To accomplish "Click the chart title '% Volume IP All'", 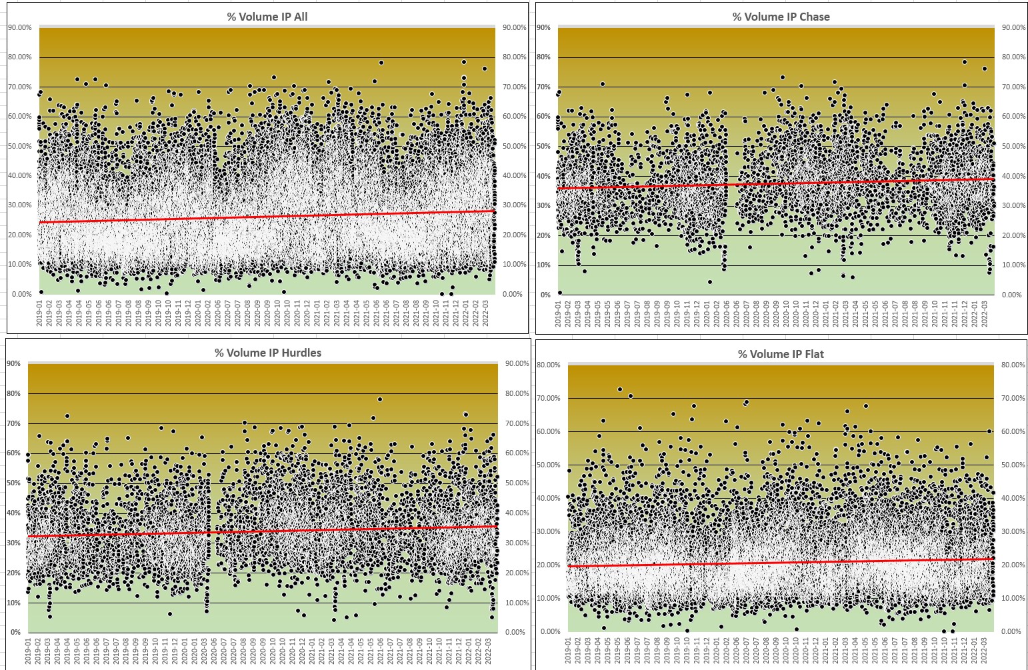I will [x=267, y=16].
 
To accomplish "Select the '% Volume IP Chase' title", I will [x=781, y=16].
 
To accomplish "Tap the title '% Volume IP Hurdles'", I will [x=267, y=353].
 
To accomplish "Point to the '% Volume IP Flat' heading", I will [x=781, y=354].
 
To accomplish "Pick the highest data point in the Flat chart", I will [x=619, y=389].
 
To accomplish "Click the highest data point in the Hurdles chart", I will [x=380, y=399].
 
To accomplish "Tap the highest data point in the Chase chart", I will [x=964, y=62].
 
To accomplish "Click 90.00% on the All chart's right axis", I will [x=514, y=27].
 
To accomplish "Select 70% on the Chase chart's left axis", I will [x=543, y=87].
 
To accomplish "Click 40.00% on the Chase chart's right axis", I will [x=1012, y=176].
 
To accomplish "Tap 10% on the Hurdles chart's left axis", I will [x=14, y=603].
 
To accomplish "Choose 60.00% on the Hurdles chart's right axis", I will [x=517, y=453].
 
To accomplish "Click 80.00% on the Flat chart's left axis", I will [x=550, y=365].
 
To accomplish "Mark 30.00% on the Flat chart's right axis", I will [x=1012, y=531].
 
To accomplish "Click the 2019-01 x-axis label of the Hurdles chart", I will [x=29, y=651].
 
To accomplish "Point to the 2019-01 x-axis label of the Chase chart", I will [x=559, y=313].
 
